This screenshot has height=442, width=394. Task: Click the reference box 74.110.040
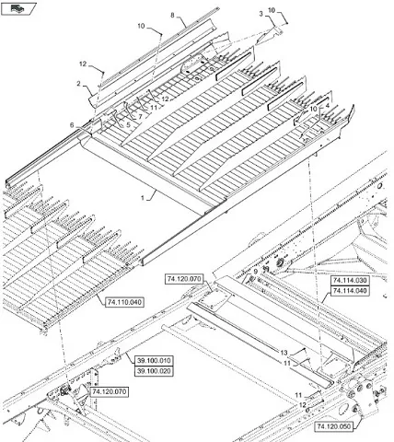tap(124, 302)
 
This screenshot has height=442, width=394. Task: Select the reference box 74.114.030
tap(350, 281)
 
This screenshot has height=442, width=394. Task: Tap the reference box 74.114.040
tap(350, 291)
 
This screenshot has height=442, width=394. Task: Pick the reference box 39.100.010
tap(154, 361)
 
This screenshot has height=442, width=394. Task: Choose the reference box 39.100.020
tap(154, 371)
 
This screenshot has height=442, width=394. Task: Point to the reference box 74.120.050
tap(333, 426)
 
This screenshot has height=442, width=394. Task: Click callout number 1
tap(143, 198)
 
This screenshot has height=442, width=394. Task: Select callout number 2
tap(78, 84)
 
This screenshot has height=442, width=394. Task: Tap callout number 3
tap(261, 14)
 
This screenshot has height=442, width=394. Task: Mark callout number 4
tap(328, 105)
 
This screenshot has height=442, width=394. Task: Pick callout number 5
tap(128, 124)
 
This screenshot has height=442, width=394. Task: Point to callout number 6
tap(72, 125)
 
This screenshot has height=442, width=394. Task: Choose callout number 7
tap(140, 117)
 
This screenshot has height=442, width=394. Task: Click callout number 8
tap(172, 16)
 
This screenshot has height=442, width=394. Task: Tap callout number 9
tap(255, 272)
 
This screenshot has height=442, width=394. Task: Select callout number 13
tap(284, 353)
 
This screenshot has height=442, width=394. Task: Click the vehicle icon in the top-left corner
tap(17, 8)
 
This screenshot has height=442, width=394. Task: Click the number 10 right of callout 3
tap(272, 10)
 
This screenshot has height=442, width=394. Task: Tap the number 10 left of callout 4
tap(313, 109)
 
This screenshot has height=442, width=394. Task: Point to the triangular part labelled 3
tap(269, 37)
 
